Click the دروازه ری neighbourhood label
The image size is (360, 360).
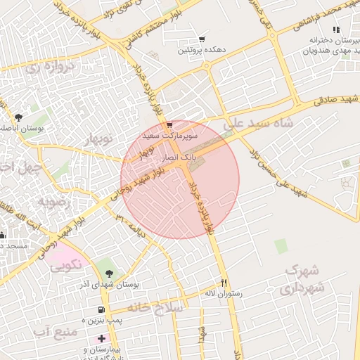tap(50, 69)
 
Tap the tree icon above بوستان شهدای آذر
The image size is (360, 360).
tap(108, 269)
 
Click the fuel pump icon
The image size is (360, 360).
tap(102, 309)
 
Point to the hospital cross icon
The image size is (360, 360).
tap(101, 338)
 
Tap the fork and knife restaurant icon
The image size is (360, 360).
tap(224, 282)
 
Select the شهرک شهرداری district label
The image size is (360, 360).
tap(304, 279)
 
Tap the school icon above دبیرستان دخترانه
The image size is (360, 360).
tap(336, 30)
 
